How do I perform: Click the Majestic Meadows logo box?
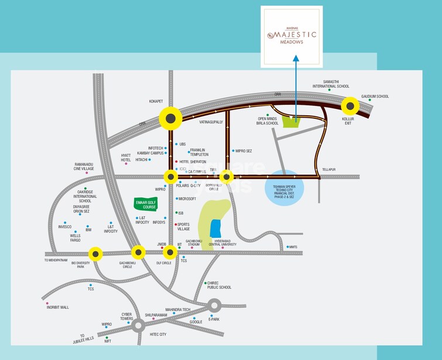coord(292,36)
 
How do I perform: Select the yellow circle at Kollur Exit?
coord(350,106)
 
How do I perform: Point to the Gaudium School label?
coord(375,97)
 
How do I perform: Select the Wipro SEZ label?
coord(243,150)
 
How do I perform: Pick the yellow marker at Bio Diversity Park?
coord(95,254)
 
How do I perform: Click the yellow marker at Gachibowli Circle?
coord(138,252)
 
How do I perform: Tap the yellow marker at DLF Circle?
coord(170,252)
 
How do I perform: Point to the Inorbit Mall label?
coord(58,307)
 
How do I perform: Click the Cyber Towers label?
coord(127,316)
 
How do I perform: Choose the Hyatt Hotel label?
coord(125,157)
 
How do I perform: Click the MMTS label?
coord(293,246)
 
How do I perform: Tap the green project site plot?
coord(291,122)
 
